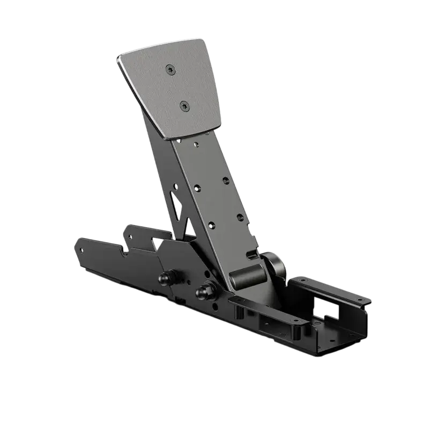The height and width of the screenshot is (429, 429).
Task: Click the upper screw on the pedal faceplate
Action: point(171,68)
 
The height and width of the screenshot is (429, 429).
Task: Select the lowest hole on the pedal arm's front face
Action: point(211,225)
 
